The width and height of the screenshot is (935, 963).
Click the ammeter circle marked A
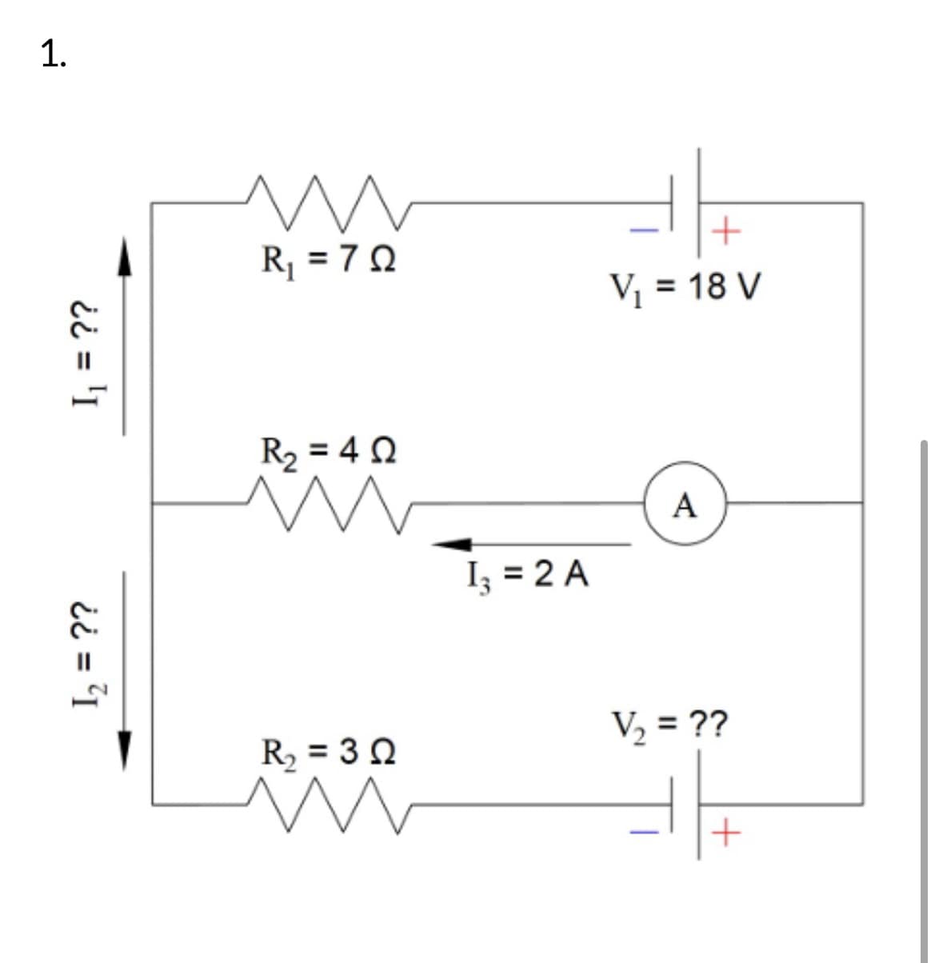[x=685, y=504]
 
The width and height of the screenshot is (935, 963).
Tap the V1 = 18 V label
[x=685, y=286]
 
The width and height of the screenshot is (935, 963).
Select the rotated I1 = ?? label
[x=83, y=356]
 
